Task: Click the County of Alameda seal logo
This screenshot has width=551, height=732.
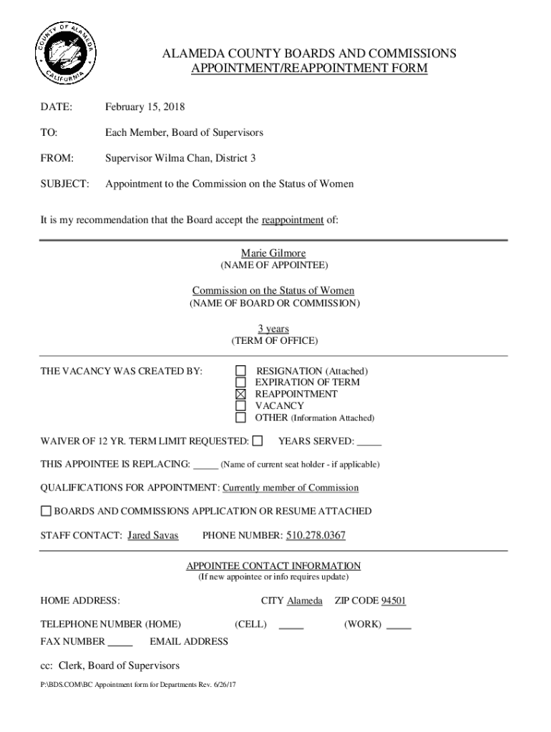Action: pos(65,54)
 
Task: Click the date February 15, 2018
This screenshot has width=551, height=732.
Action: pos(145,107)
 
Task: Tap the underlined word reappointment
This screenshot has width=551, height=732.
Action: pos(293,220)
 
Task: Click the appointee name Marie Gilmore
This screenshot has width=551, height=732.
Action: pos(273,254)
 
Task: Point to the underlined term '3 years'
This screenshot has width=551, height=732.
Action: pos(273,329)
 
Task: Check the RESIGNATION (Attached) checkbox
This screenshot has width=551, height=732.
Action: pos(241,371)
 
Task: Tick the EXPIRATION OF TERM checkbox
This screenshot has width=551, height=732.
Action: pos(241,382)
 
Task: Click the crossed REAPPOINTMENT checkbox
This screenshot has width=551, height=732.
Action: pos(241,394)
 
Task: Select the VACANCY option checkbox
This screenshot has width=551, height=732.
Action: pos(241,405)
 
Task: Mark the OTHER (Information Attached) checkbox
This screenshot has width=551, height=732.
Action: pos(241,417)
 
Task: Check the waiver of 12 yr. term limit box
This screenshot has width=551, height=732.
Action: pos(258,441)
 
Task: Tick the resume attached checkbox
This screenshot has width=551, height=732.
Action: pos(46,511)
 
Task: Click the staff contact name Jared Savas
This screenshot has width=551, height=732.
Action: pos(152,535)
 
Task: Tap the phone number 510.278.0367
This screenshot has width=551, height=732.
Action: pos(316,535)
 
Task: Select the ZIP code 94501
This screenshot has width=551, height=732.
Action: pos(393,601)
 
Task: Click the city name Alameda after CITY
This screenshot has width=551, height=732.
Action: pos(304,601)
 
